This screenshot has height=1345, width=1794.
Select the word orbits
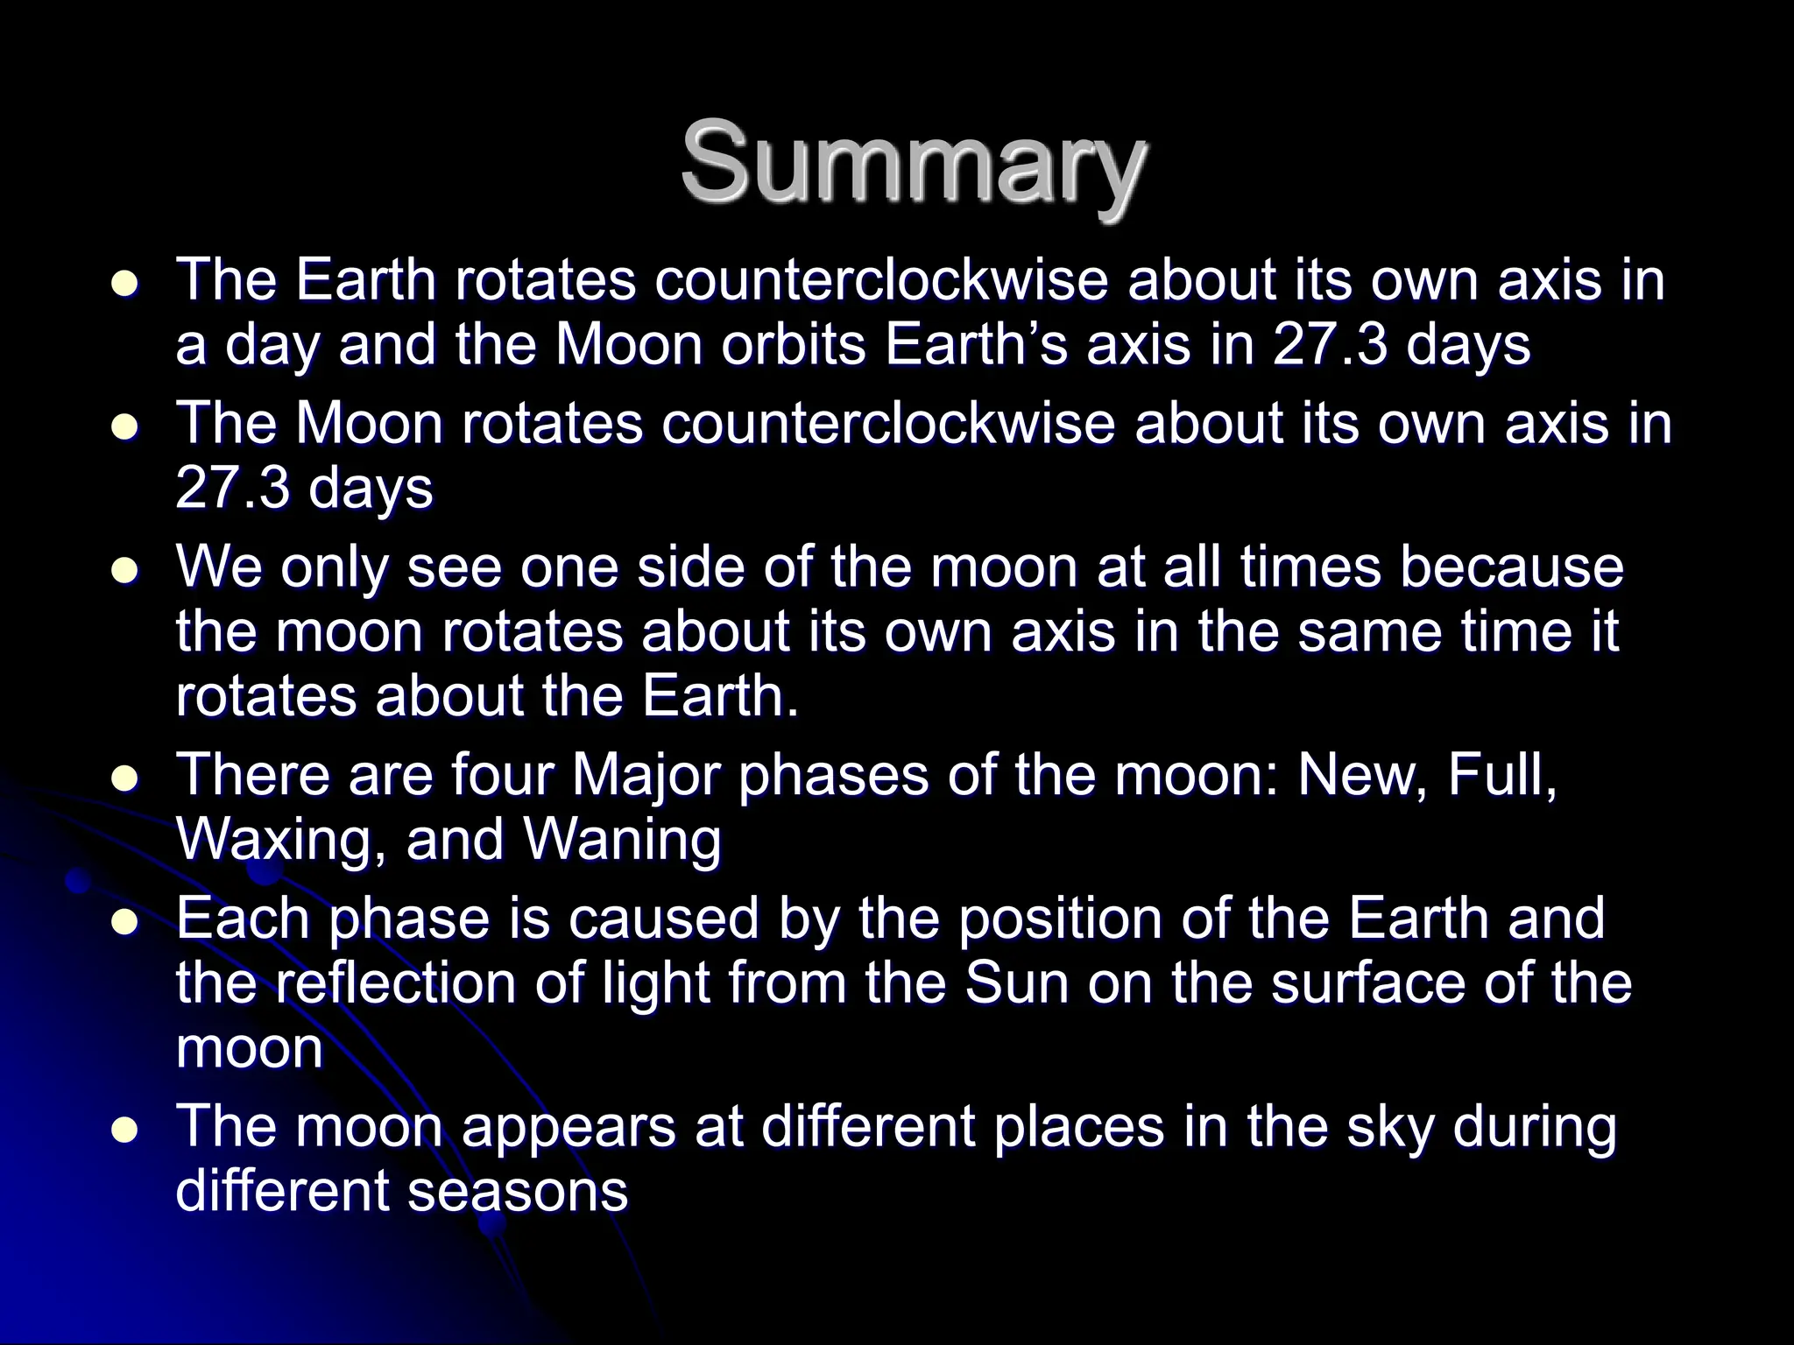[x=796, y=345]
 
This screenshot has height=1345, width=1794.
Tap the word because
[x=1511, y=567]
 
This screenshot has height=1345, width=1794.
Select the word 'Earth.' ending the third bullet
[x=721, y=696]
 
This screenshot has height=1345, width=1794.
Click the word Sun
[x=1017, y=982]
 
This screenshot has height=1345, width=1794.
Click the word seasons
[x=518, y=1191]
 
